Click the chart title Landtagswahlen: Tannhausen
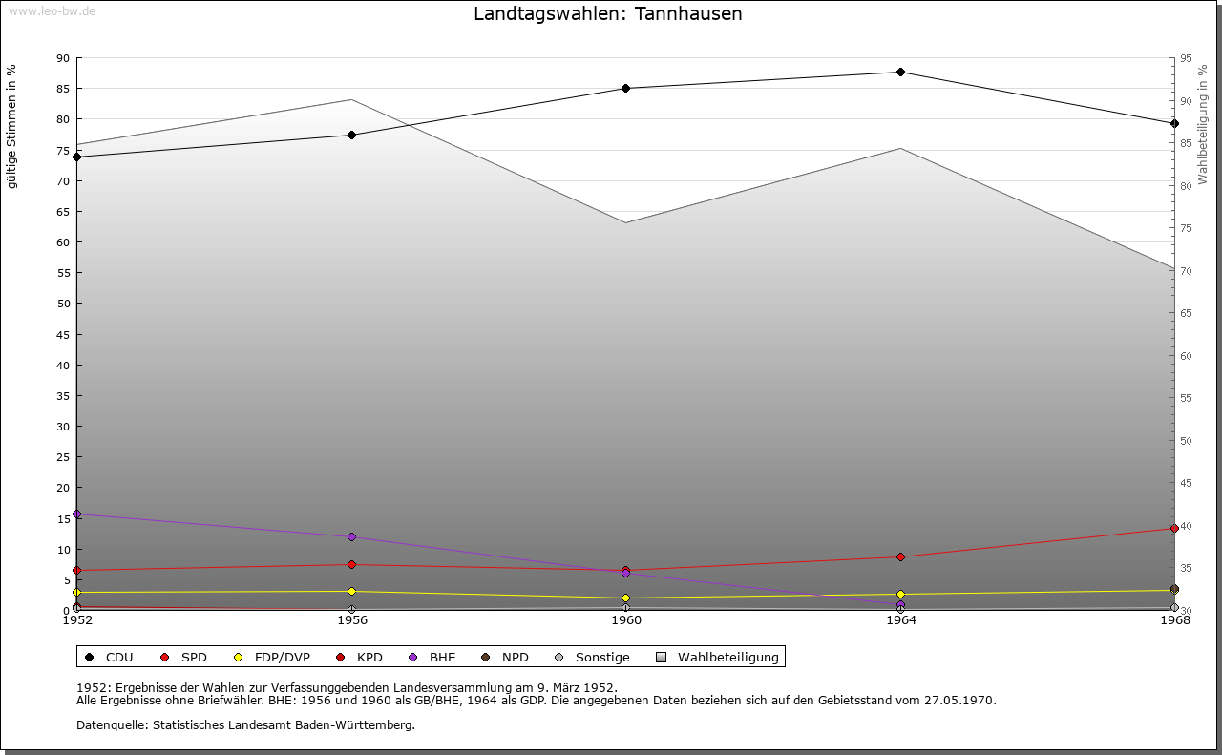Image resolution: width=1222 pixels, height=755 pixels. [x=607, y=14]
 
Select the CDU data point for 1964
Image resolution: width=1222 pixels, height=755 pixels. [x=900, y=73]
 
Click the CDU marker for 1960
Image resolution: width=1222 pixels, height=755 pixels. [x=626, y=89]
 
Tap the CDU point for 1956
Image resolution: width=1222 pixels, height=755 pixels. [x=351, y=136]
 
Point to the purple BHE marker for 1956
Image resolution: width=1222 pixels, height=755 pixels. [x=351, y=537]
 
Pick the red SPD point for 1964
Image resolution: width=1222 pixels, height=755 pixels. [x=900, y=557]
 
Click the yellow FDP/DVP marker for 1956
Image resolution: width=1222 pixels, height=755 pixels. [x=351, y=592]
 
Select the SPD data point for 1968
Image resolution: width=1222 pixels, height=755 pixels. [x=1174, y=529]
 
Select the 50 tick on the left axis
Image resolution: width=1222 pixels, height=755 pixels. [x=63, y=304]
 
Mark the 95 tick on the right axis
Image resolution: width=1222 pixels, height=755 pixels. [x=1186, y=58]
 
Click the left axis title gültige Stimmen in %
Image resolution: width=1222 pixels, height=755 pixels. [x=12, y=127]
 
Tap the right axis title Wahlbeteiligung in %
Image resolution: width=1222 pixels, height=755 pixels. [x=1203, y=125]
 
